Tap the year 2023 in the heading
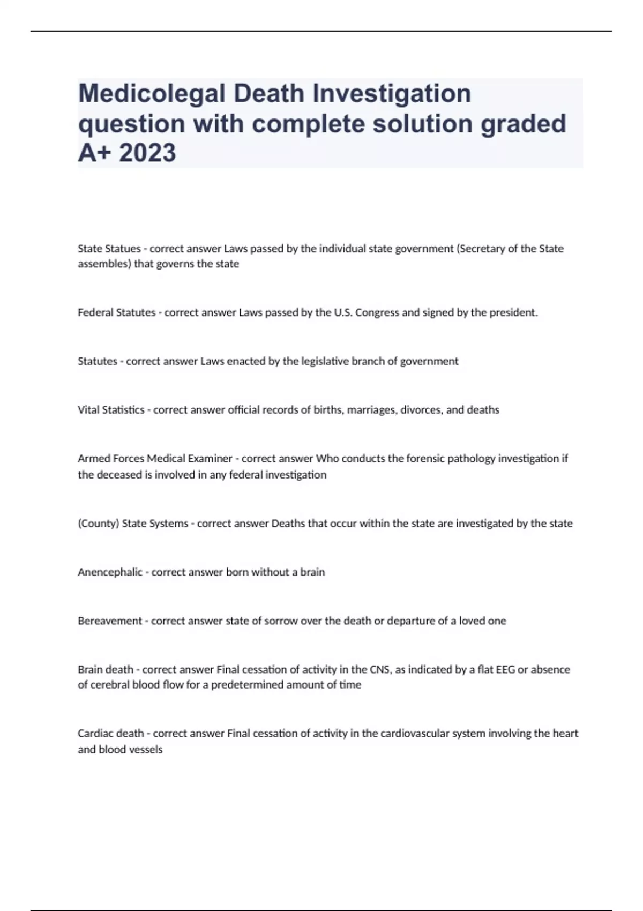[147, 153]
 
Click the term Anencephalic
[110, 572]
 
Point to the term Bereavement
[110, 621]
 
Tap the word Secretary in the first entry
[482, 249]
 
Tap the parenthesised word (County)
[99, 524]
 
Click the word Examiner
[210, 459]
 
